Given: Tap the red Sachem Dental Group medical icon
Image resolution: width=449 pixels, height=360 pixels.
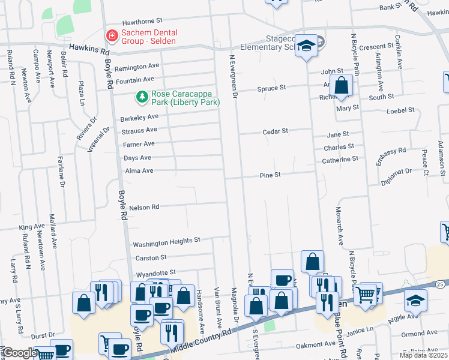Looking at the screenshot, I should [x=111, y=37].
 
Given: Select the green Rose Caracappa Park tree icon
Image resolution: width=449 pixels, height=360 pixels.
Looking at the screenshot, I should [x=142, y=96].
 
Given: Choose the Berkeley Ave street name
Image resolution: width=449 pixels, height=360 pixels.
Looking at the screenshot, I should [x=139, y=117].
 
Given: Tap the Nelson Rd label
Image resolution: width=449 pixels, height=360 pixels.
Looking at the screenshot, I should [x=143, y=207].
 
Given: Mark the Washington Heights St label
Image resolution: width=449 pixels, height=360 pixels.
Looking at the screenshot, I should [x=166, y=244].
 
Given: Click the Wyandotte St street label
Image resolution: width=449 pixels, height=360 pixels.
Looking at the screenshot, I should [x=155, y=272].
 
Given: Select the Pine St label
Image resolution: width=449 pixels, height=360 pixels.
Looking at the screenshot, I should [x=270, y=175].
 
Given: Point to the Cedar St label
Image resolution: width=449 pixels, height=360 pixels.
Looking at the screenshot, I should [x=276, y=131].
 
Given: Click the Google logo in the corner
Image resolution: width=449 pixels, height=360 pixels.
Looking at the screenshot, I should [x=19, y=353].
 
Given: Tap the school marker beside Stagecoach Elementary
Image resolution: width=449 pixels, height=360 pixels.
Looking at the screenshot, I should [x=307, y=47].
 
